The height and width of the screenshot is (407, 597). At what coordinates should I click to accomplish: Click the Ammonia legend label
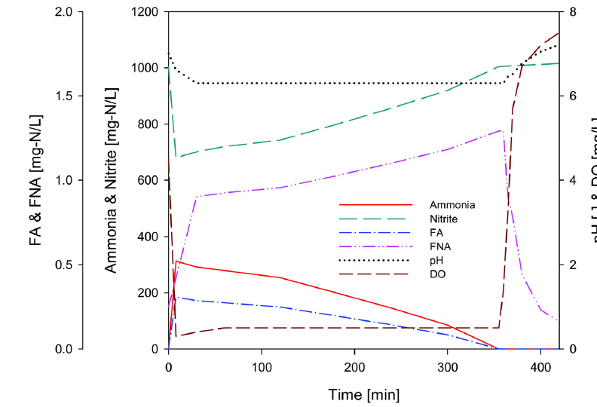[452, 205]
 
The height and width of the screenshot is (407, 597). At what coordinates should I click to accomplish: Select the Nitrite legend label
[445, 219]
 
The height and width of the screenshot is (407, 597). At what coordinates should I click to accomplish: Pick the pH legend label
[436, 260]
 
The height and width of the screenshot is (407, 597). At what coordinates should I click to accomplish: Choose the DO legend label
[438, 274]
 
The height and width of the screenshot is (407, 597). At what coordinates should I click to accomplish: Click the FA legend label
[436, 233]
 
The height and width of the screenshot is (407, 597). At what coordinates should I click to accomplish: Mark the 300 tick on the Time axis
[448, 367]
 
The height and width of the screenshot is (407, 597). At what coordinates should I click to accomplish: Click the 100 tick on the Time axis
[262, 367]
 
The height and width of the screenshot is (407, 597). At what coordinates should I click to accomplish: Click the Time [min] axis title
[363, 394]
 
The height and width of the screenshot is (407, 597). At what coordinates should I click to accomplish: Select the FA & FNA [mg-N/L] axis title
[35, 181]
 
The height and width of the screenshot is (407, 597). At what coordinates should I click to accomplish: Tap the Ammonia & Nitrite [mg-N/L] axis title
[111, 181]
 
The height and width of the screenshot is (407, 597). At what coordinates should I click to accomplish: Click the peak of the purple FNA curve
[501, 130]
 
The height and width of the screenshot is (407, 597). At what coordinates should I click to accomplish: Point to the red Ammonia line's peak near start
[176, 262]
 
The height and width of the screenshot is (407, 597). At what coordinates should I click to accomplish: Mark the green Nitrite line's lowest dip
[176, 157]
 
